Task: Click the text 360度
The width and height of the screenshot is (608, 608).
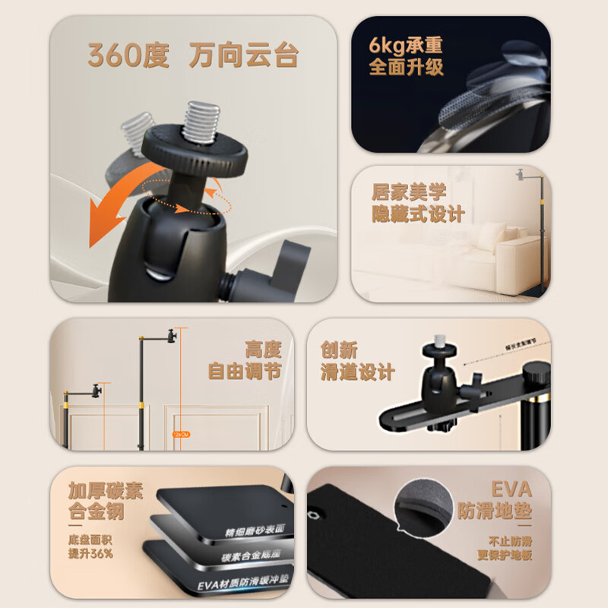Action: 128,56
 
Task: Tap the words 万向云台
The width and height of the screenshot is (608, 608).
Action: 245,56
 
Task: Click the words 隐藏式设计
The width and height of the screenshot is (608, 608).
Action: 418,214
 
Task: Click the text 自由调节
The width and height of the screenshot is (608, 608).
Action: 244,372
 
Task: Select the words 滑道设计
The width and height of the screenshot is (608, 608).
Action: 357,372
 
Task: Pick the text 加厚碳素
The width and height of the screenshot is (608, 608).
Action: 105,491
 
